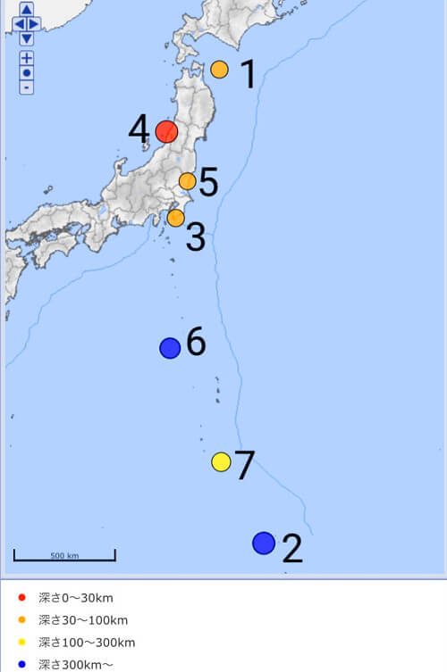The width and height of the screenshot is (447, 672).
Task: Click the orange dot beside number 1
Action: coord(219,70)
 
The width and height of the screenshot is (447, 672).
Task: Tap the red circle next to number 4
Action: coord(166,132)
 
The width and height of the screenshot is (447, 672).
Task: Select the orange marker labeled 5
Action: coord(187,181)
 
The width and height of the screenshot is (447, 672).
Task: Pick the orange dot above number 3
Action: coord(176,217)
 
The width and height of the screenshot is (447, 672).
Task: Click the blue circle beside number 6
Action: coord(170,348)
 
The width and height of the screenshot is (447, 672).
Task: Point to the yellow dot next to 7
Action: coord(221,461)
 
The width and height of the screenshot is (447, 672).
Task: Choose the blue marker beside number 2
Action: coord(263,543)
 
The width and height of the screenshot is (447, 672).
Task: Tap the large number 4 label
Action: coord(139,129)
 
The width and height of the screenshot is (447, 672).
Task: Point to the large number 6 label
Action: coord(196,342)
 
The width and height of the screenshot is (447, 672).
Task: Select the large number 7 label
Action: coord(245,465)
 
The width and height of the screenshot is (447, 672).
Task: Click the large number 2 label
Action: coord(292,550)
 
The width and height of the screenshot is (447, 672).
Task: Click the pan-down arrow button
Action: coord(27,38)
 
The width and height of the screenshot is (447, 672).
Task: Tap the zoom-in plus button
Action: coord(27,58)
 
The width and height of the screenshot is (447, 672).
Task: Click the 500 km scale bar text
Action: coord(64,555)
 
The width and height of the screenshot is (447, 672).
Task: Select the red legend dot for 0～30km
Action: coord(22,598)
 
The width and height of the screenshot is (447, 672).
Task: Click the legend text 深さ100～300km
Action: coord(87,643)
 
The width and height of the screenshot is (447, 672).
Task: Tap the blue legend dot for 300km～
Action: coord(22,664)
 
